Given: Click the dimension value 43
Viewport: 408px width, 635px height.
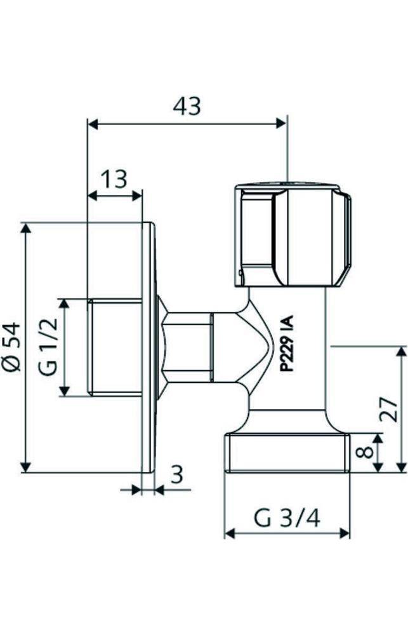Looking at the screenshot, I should pyautogui.click(x=187, y=106).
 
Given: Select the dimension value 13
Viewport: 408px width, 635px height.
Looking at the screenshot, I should pyautogui.click(x=114, y=179).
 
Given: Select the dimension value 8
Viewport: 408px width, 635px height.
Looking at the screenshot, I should pyautogui.click(x=362, y=453).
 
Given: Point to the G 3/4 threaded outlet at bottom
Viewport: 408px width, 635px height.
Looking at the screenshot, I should pyautogui.click(x=287, y=453).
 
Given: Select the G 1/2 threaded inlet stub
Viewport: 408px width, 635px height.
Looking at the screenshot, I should pyautogui.click(x=114, y=347).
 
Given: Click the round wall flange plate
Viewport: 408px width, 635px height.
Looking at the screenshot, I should pyautogui.click(x=148, y=347).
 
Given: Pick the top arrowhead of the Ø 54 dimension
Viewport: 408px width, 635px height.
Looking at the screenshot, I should pyautogui.click(x=25, y=228).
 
